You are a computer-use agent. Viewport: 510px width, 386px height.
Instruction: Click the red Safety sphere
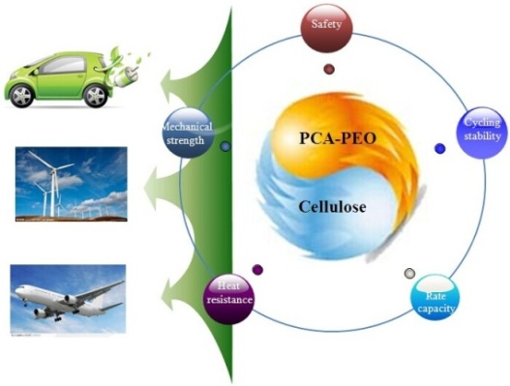pos(326,28)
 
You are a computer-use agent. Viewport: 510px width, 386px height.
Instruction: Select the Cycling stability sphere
pos(482,133)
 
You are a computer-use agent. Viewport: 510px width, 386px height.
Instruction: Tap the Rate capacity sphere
pos(435,300)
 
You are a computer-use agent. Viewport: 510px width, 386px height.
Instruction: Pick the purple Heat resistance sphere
pos(228,299)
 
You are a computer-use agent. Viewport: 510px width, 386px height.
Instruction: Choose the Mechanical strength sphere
pos(188,133)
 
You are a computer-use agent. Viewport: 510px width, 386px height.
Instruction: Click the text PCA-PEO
pos(338,138)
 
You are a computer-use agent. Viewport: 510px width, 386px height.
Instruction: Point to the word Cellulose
pos(332,207)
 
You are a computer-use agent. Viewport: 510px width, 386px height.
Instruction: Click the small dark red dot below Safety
pos(329,69)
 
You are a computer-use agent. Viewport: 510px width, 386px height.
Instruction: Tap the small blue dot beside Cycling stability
pos(439,149)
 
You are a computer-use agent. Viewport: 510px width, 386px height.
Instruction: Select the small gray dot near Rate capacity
pos(409,273)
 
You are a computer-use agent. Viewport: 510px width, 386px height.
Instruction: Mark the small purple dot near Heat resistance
pos(257,270)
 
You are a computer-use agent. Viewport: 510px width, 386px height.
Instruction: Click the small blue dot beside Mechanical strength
pos(225,147)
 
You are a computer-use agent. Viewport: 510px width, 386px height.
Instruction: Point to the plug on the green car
pos(125,77)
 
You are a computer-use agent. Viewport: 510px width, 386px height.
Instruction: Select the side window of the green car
pos(64,65)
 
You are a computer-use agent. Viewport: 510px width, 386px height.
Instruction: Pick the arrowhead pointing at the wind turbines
pos(153,188)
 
